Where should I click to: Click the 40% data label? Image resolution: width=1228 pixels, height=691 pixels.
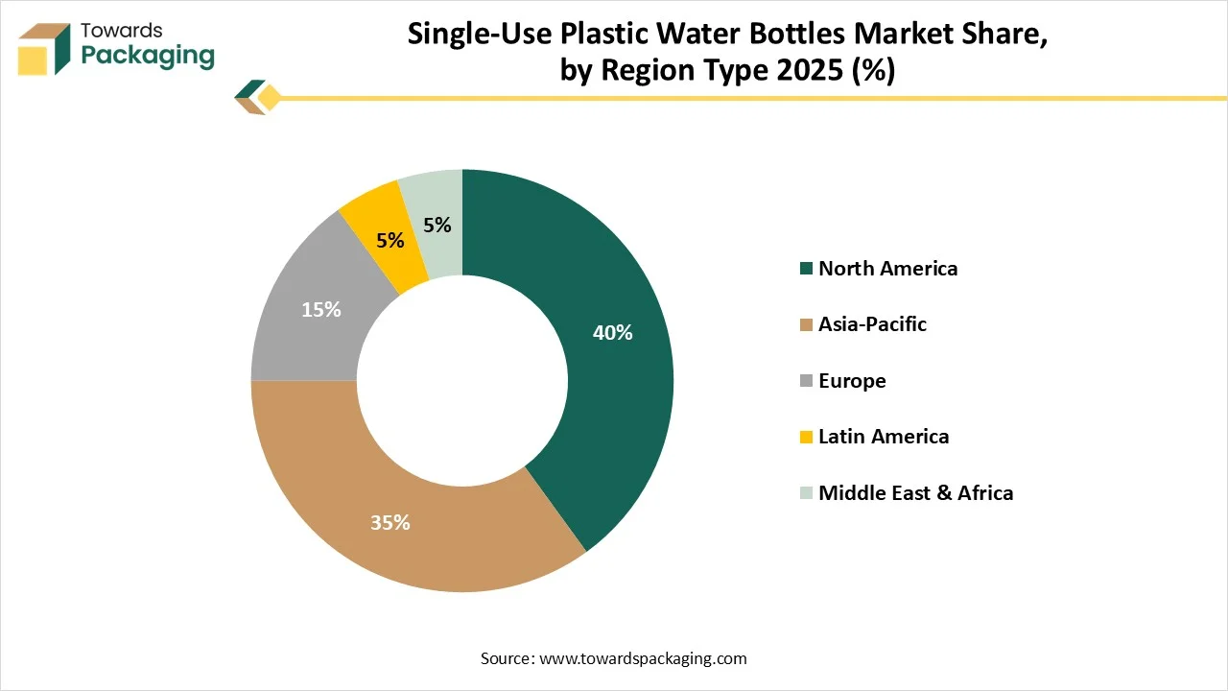(613, 333)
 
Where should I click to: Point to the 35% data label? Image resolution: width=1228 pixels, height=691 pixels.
(390, 523)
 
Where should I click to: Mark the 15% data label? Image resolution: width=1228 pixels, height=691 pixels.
(320, 310)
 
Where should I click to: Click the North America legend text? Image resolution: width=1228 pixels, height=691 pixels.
(887, 269)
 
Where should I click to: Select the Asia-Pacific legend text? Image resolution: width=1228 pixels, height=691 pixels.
(872, 324)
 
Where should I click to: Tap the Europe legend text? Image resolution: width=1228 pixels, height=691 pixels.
(852, 381)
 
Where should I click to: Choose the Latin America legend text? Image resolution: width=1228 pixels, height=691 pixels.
(884, 437)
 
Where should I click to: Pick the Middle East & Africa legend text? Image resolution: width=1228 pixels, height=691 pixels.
(915, 493)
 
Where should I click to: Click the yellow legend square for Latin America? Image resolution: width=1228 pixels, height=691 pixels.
(806, 438)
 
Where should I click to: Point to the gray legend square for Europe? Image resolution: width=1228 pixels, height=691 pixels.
(806, 382)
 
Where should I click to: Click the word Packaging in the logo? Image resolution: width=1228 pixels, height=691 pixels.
(148, 56)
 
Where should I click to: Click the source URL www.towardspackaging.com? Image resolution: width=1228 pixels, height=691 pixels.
(643, 658)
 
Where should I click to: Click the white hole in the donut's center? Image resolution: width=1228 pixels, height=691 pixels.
(462, 381)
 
